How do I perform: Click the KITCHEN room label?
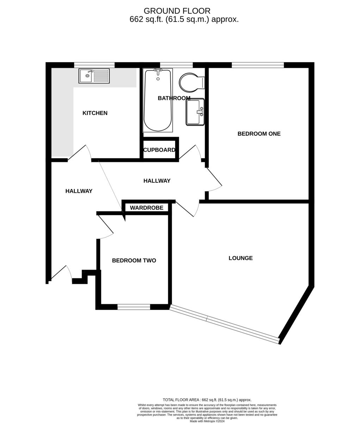[x=95, y=113]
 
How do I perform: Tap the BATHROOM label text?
[x=174, y=98]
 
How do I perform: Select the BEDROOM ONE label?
[x=259, y=134]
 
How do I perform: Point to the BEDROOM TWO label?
[x=134, y=260]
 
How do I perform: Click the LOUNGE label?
[x=241, y=258]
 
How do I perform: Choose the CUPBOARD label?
[x=159, y=150]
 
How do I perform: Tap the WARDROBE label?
[x=147, y=208]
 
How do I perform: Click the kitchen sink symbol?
[x=94, y=76]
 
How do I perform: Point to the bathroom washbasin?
[x=195, y=112]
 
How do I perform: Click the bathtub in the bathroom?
[x=157, y=100]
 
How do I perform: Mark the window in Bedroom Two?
[x=134, y=307]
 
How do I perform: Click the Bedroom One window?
[x=258, y=65]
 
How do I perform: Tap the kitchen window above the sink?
[x=94, y=65]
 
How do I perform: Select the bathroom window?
[x=176, y=65]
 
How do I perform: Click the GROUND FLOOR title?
[x=177, y=11]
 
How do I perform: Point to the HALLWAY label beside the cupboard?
[x=157, y=181]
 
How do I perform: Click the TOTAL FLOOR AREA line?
[x=207, y=400]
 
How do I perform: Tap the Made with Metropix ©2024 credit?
[x=207, y=421]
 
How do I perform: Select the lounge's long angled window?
[x=224, y=324]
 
